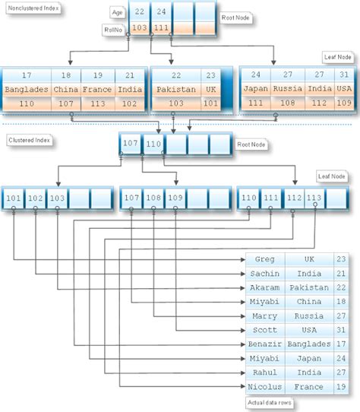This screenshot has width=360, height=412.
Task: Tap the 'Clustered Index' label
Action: pyautogui.click(x=29, y=140)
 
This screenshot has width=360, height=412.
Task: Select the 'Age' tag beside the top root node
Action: pyautogui.click(x=116, y=12)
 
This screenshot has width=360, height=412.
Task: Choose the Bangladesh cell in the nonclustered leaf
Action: pyautogui.click(x=27, y=90)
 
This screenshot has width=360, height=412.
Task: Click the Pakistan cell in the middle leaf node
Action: pyautogui.click(x=175, y=90)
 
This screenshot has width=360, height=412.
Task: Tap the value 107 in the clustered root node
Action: pyautogui.click(x=131, y=142)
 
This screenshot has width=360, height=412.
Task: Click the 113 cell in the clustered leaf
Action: pyautogui.click(x=314, y=199)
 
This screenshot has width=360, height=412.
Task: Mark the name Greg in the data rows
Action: pyautogui.click(x=264, y=259)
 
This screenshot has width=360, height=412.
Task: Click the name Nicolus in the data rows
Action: pyautogui.click(x=264, y=387)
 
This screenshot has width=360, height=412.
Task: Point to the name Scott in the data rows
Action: pyautogui.click(x=264, y=330)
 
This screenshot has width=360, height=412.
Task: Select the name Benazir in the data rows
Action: pyautogui.click(x=264, y=344)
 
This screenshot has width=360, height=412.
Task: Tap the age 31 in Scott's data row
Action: pyautogui.click(x=340, y=330)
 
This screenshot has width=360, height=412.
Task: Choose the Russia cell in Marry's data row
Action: pyautogui.click(x=308, y=316)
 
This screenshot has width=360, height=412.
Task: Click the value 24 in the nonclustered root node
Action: pyautogui.click(x=161, y=12)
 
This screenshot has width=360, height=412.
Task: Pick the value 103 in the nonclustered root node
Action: pyautogui.click(x=138, y=28)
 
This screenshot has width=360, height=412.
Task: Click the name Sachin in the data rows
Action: pyautogui.click(x=264, y=274)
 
